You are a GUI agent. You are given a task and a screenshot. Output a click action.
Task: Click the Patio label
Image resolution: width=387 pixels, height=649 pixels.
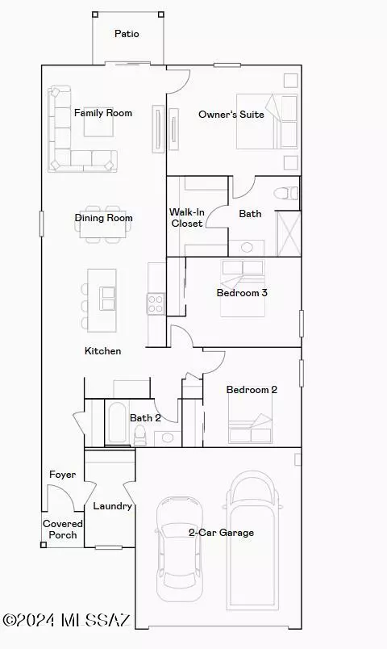(127, 34)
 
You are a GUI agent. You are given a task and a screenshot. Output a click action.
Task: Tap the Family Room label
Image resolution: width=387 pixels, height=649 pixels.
(103, 113)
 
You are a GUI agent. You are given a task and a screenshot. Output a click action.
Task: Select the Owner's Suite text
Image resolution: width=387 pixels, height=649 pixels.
(231, 115)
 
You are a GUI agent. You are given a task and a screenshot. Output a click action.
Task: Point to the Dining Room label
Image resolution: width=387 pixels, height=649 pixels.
(103, 218)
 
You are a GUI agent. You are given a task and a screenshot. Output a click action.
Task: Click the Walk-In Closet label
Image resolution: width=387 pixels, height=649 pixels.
(186, 218)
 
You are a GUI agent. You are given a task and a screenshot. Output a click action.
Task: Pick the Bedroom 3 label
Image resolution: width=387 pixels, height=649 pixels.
(242, 292)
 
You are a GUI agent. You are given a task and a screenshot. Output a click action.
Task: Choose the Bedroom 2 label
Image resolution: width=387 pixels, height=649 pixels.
(252, 390)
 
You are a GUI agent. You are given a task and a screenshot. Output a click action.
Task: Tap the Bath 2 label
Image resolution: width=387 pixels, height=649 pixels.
(146, 418)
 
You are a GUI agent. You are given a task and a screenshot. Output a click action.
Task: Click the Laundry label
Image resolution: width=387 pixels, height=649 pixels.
(112, 506)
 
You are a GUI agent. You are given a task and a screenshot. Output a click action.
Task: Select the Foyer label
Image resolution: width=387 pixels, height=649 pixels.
(63, 475)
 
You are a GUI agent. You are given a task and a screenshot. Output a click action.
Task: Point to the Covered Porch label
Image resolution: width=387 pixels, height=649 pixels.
(63, 530)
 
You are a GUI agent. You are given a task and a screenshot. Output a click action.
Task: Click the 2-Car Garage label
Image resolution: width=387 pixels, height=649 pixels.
(221, 533)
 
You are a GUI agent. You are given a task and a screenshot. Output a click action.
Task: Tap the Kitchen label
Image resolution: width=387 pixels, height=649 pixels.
(103, 351)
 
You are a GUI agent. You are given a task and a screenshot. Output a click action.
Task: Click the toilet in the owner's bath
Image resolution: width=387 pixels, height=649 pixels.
(284, 194)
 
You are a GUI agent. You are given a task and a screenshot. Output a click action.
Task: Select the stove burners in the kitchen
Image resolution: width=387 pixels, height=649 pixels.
(155, 304)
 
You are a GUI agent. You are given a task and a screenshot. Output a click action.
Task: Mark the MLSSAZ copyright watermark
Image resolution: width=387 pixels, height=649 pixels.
(66, 620)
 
